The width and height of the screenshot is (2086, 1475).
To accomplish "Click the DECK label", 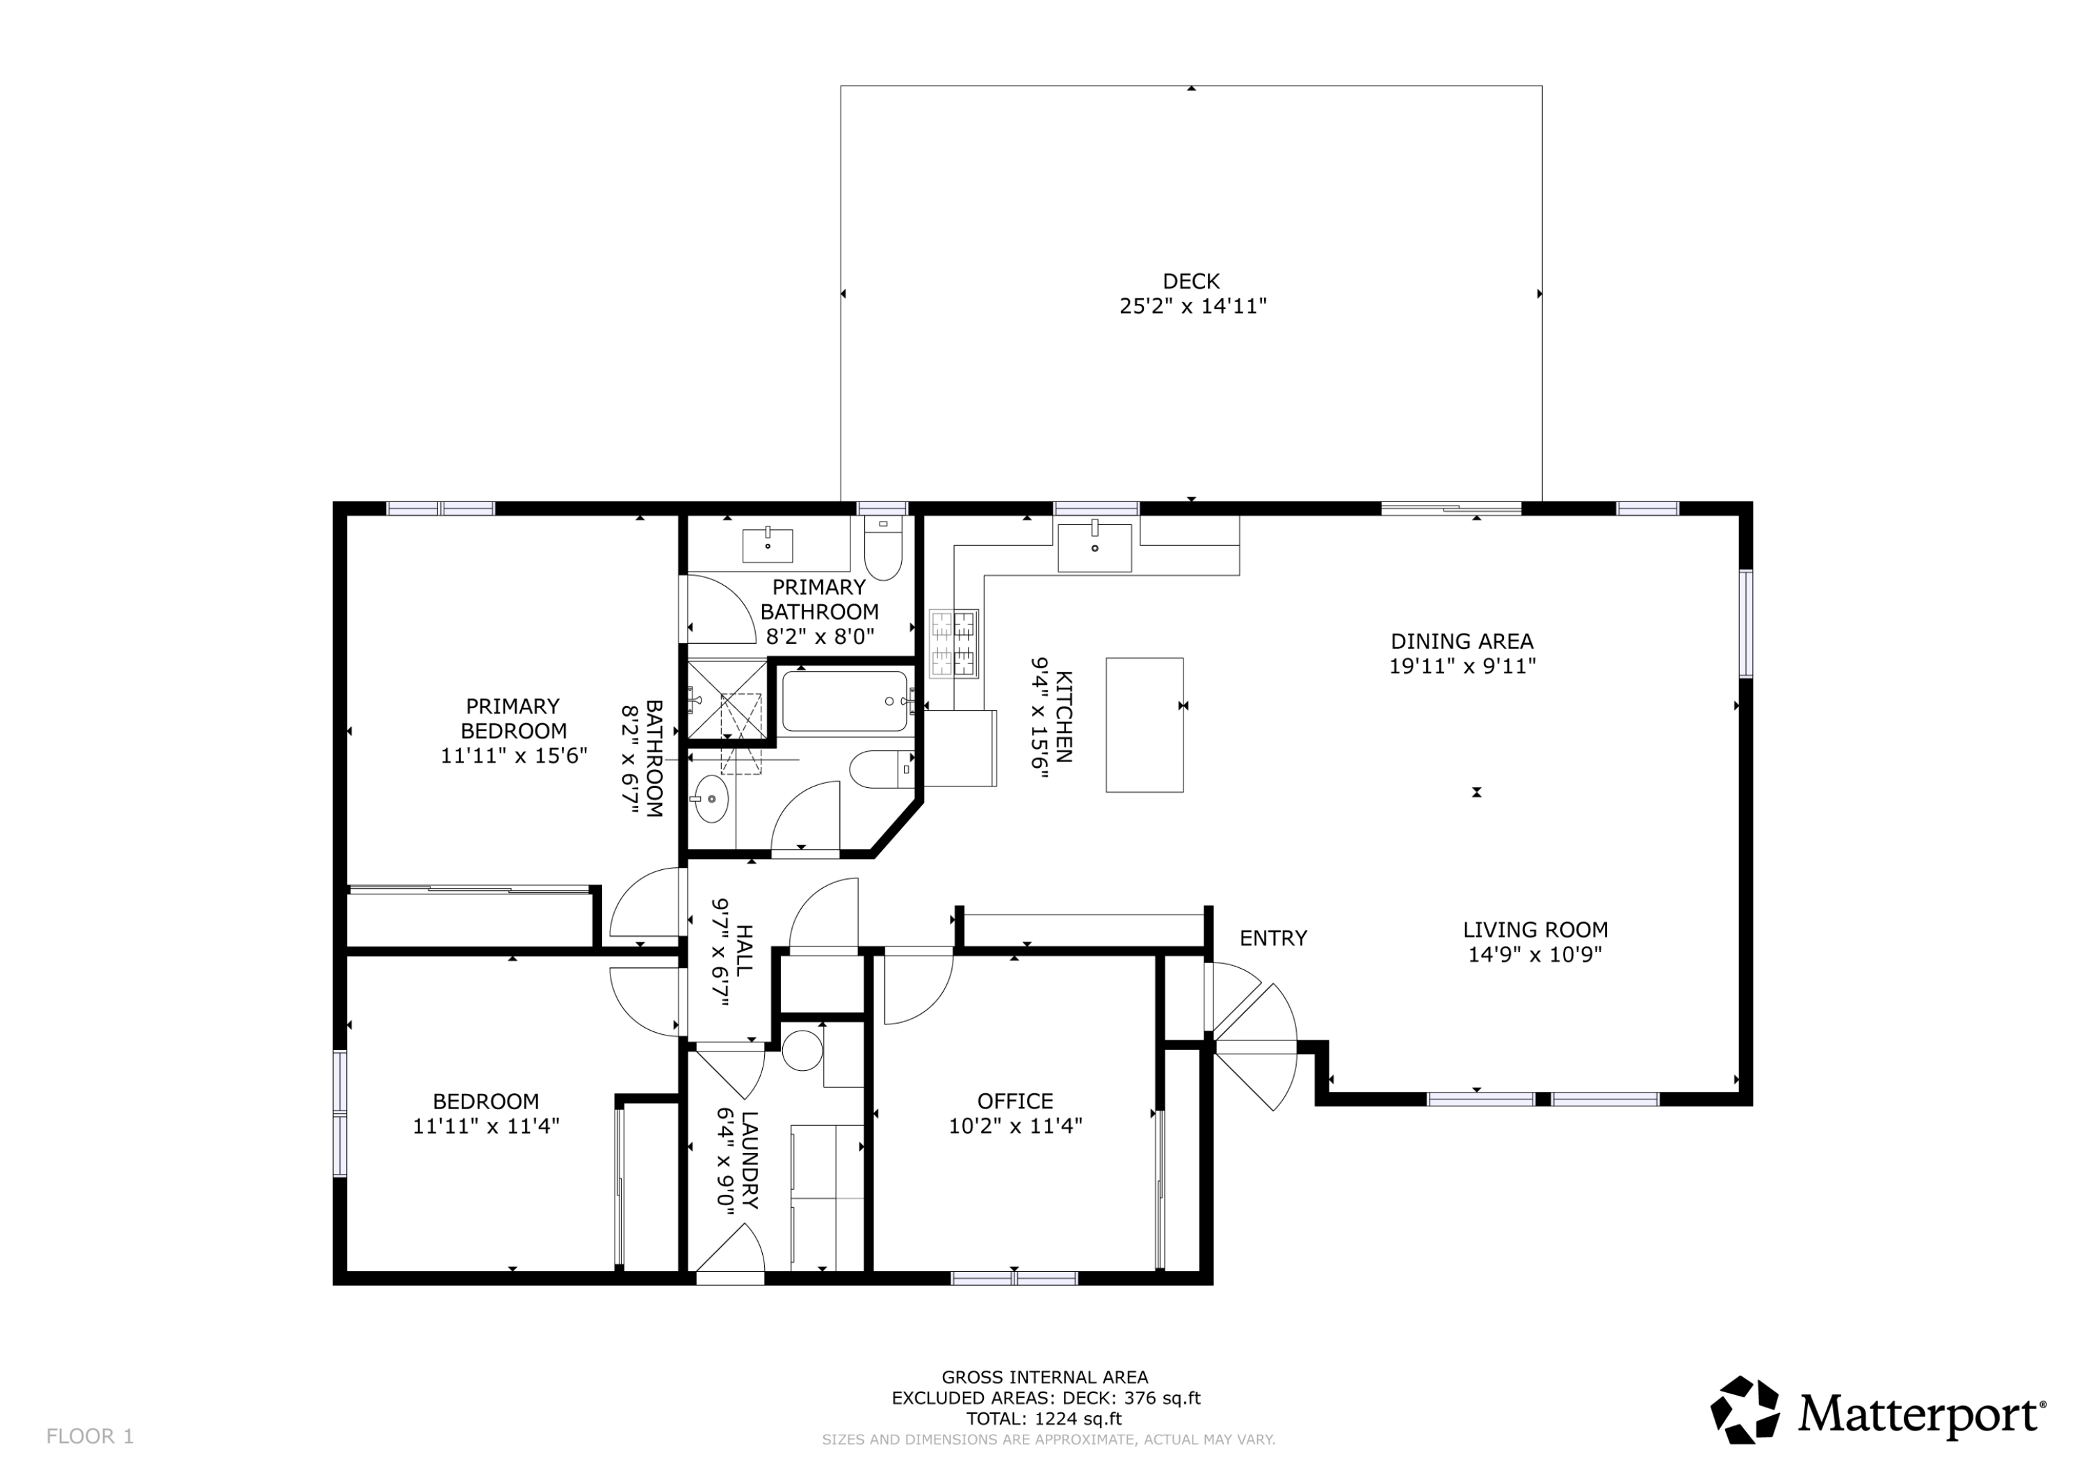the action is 1190,282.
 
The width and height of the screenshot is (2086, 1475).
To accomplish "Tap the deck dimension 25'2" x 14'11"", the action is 1192,306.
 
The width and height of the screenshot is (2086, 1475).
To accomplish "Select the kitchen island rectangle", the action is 1144,725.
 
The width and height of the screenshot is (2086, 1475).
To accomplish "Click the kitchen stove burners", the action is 953,643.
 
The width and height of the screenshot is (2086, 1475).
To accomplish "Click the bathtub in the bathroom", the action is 844,701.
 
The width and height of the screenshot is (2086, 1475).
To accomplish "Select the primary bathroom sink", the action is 767,545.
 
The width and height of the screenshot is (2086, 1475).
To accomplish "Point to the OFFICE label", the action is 1014,1102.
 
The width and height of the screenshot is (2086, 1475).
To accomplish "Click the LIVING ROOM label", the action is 1535,930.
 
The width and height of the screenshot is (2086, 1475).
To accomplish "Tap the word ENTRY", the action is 1273,938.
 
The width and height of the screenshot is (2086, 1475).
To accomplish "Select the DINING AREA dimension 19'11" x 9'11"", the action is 1462,666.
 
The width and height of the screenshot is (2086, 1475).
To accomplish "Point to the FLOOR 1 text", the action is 90,1436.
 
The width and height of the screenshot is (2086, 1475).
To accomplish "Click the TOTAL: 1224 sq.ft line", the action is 1044,1419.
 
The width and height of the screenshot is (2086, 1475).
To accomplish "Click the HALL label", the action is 743,950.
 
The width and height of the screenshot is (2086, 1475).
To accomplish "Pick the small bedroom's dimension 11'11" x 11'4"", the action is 486,1126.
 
